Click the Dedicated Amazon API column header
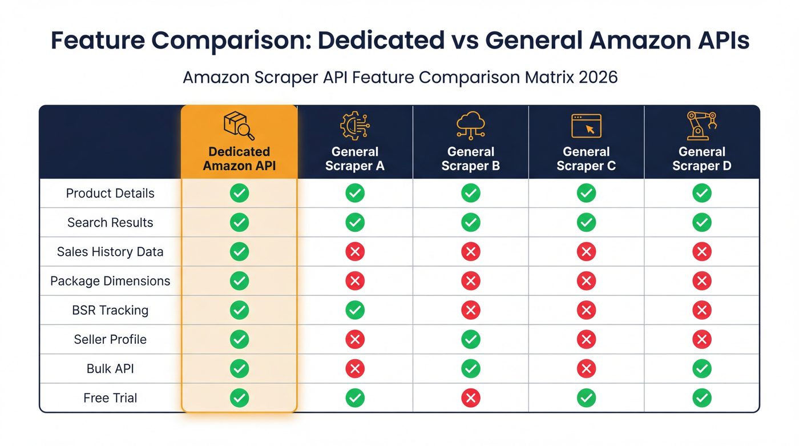tap(239, 159)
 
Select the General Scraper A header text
tap(354, 159)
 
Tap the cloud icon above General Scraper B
tap(470, 125)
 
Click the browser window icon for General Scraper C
tap(586, 125)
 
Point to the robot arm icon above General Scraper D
tap(701, 125)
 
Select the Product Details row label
tap(110, 194)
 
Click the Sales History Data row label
tap(110, 252)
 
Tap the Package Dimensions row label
tap(110, 281)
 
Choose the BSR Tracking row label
tap(110, 310)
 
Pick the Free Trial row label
tap(110, 398)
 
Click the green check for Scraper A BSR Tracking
tap(355, 310)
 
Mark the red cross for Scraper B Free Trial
tap(470, 398)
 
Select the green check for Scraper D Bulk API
tap(701, 369)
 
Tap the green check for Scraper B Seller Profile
tap(470, 339)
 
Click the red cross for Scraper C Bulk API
tap(586, 369)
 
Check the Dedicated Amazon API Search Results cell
tap(239, 223)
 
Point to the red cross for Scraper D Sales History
tap(701, 252)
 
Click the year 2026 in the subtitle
tap(598, 77)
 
